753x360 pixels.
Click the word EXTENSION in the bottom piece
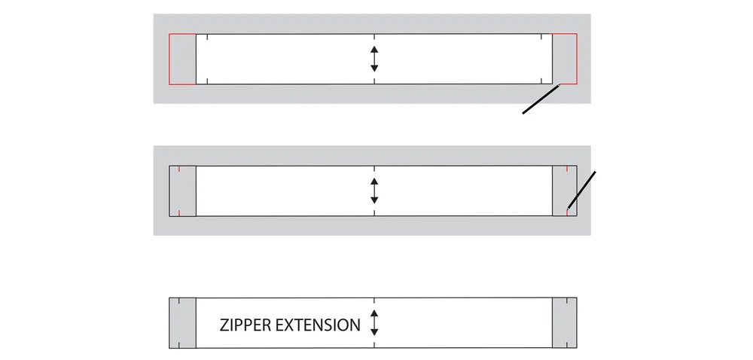(x=318, y=325)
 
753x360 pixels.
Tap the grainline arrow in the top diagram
(x=374, y=59)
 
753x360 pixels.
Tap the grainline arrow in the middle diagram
(x=374, y=191)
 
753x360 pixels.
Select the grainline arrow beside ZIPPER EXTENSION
(x=374, y=322)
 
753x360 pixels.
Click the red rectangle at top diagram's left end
(x=182, y=59)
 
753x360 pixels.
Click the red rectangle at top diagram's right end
(x=566, y=59)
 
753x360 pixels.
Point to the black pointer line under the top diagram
(x=541, y=99)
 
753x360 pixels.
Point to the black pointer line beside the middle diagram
(x=581, y=189)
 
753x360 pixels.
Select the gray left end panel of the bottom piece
(x=182, y=323)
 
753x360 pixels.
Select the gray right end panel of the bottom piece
(x=565, y=323)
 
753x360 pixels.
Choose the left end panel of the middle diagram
(x=182, y=191)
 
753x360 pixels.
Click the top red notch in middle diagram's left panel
(x=180, y=168)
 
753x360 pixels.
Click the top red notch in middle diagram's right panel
(x=566, y=168)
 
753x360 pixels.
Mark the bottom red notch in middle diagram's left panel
(x=180, y=213)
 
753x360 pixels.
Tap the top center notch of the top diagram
(x=374, y=37)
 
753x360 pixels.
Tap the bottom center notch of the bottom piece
(x=374, y=345)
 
